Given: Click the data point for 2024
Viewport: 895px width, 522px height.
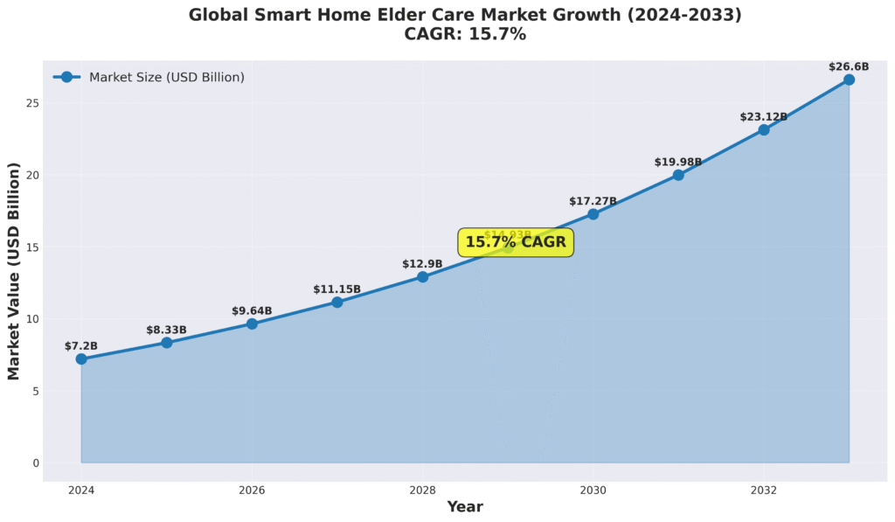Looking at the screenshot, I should pyautogui.click(x=81, y=358).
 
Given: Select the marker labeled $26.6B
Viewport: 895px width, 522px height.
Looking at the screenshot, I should pyautogui.click(x=849, y=80).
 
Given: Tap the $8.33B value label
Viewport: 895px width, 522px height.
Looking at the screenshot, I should pyautogui.click(x=166, y=330).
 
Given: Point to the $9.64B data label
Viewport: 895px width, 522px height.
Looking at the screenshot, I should pyautogui.click(x=252, y=310).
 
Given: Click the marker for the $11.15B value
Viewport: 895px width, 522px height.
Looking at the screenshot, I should pyautogui.click(x=336, y=303).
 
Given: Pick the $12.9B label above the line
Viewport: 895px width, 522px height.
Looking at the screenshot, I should pyautogui.click(x=422, y=263).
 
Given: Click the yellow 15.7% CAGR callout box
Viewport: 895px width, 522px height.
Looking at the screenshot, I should pyautogui.click(x=516, y=242).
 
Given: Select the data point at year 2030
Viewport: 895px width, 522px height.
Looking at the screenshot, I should pyautogui.click(x=593, y=214).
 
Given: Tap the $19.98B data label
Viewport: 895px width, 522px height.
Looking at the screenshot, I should pyautogui.click(x=678, y=162).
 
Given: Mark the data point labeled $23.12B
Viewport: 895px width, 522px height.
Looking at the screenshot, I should pyautogui.click(x=764, y=129).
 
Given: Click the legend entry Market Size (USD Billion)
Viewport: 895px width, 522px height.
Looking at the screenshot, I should pyautogui.click(x=166, y=77).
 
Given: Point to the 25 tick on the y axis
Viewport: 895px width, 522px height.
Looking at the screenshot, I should pyautogui.click(x=33, y=103).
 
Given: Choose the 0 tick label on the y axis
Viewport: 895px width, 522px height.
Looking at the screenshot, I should pyautogui.click(x=36, y=463).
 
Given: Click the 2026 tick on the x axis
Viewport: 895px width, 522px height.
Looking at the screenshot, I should pyautogui.click(x=252, y=491).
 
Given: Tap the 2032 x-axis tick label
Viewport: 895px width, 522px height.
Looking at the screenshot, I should pyautogui.click(x=764, y=491).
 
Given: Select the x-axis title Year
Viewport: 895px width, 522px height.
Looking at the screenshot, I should pyautogui.click(x=465, y=506).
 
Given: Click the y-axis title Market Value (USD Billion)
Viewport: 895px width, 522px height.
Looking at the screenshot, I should pyautogui.click(x=13, y=271).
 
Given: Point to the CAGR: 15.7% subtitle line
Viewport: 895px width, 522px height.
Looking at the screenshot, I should pyautogui.click(x=465, y=34).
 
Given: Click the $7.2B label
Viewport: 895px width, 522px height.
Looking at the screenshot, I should pyautogui.click(x=81, y=346).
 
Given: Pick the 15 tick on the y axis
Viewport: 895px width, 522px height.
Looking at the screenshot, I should pyautogui.click(x=33, y=247).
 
